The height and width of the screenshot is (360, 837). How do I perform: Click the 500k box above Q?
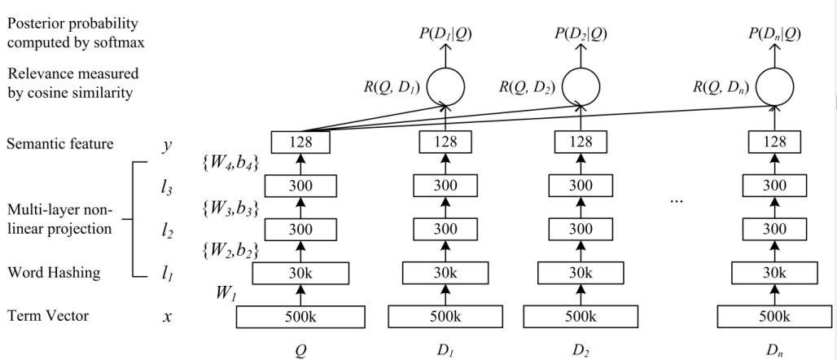pos(301,317)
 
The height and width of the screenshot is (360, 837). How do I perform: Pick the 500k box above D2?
pos(580,317)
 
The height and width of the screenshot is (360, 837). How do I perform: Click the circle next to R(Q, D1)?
pos(445,85)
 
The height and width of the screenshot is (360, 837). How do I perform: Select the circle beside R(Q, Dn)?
pos(769,85)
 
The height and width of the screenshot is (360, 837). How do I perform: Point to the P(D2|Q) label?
pos(580,33)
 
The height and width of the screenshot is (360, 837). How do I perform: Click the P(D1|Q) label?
pos(445,33)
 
